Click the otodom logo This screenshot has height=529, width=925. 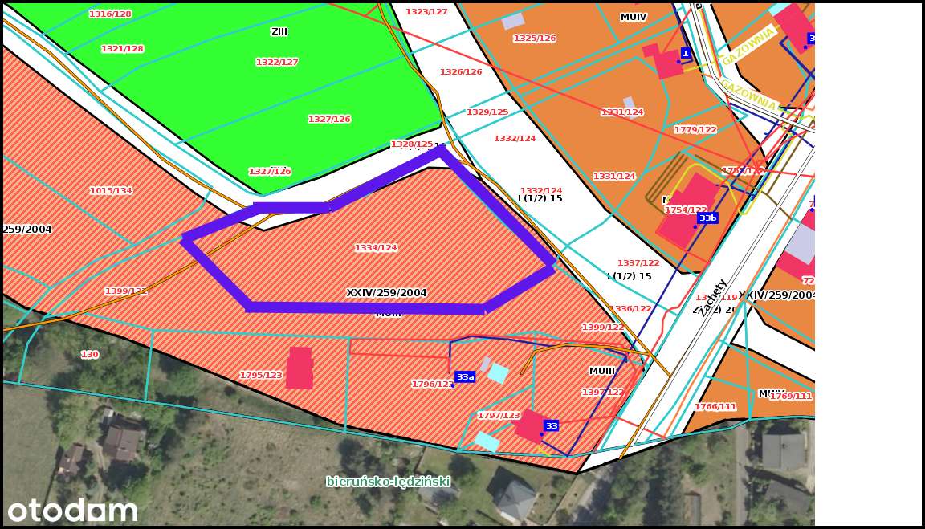tap(72, 510)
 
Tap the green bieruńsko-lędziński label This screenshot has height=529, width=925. tap(388, 482)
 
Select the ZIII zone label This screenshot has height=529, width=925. tap(279, 32)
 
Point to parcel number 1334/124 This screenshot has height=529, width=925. tap(376, 248)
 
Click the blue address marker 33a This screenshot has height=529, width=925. tap(465, 377)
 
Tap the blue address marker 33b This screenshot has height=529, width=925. tap(707, 218)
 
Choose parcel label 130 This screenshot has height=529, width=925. tap(90, 355)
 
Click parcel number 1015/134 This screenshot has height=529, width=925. tap(111, 191)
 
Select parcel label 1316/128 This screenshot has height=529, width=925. tap(110, 14)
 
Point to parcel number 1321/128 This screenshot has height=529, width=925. tap(122, 49)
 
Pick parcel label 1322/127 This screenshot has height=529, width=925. tap(277, 63)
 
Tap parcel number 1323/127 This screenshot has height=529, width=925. tap(426, 12)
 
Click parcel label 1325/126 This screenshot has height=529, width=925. tap(535, 39)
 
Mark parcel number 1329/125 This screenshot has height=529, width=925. tap(487, 112)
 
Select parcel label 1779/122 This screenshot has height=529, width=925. tap(695, 130)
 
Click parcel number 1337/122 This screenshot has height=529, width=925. tap(638, 263)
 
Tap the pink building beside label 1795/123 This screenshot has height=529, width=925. tap(300, 368)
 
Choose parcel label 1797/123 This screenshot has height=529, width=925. tap(499, 416)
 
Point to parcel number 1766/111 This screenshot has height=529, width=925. tap(715, 407)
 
